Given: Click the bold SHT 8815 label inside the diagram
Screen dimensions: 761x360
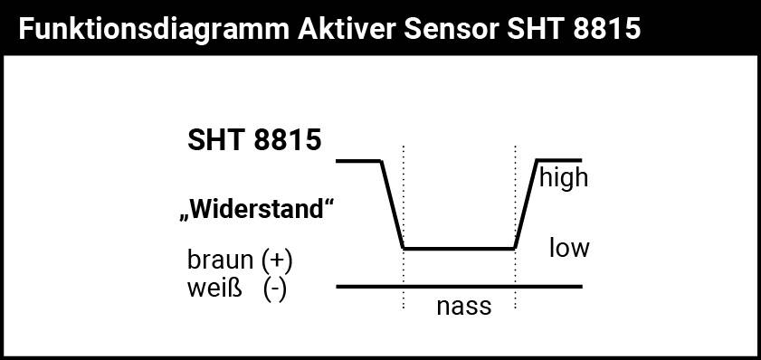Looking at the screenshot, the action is pos(254,141).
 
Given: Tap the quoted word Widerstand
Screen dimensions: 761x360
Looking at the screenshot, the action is pos(257,211).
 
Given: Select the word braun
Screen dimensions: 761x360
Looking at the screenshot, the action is pos(220,261).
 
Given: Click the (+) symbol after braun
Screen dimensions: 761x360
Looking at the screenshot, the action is pos(276,261).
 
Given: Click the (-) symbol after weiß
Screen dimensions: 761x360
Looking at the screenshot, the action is pos(275,290).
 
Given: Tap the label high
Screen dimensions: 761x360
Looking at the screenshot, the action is pos(563,177).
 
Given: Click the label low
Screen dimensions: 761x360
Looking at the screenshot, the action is pos(569,247).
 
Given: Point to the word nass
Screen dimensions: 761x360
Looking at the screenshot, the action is pos(463,307).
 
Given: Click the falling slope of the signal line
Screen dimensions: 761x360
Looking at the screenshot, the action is pos(392,204).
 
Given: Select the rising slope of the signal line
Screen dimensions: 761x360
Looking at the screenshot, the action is pos(527,204).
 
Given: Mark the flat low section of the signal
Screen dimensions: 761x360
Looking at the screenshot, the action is pos(459,248).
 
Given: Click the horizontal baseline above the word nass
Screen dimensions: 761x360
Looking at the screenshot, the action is pos(459,287).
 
